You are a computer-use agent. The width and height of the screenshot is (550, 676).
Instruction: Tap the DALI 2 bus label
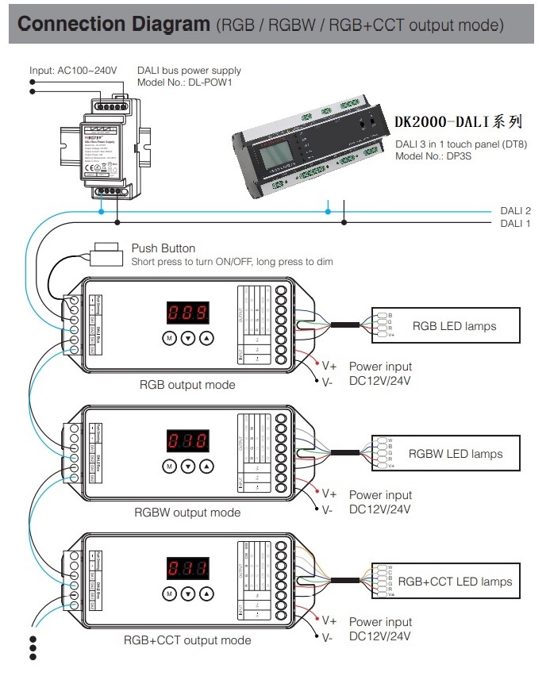pyautogui.click(x=516, y=211)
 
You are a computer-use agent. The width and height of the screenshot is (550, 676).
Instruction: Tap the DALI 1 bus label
pyautogui.click(x=516, y=224)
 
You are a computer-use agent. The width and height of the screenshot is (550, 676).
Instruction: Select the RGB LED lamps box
pyautogui.click(x=446, y=326)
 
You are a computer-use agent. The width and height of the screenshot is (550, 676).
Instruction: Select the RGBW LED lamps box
pyautogui.click(x=446, y=454)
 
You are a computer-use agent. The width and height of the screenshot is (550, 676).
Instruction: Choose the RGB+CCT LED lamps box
pyautogui.click(x=446, y=582)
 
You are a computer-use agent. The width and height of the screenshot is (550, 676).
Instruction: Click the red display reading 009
pyautogui.click(x=188, y=312)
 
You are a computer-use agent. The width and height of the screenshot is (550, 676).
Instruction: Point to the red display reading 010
pyautogui.click(x=188, y=441)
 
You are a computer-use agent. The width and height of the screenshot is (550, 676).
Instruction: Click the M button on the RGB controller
pyautogui.click(x=169, y=338)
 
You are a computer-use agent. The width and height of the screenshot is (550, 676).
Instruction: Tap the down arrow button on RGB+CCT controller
pyautogui.click(x=188, y=593)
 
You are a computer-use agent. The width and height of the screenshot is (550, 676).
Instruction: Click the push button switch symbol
pyautogui.click(x=105, y=255)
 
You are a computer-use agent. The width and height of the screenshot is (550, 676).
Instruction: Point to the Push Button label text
pyautogui.click(x=163, y=248)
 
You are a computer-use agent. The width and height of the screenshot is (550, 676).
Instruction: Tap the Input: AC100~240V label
pyautogui.click(x=73, y=71)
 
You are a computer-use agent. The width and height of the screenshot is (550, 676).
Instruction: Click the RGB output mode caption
pyautogui.click(x=187, y=385)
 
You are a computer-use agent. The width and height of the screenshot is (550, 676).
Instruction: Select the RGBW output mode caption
pyautogui.click(x=187, y=513)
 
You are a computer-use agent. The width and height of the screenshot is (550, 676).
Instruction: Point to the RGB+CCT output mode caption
pyautogui.click(x=187, y=640)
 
